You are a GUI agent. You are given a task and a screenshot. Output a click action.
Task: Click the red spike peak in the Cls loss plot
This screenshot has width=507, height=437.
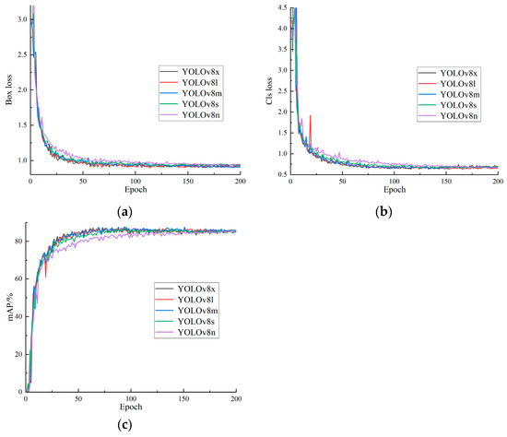(310, 115)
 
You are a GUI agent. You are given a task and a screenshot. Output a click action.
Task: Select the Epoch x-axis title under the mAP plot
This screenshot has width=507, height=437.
(130, 407)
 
